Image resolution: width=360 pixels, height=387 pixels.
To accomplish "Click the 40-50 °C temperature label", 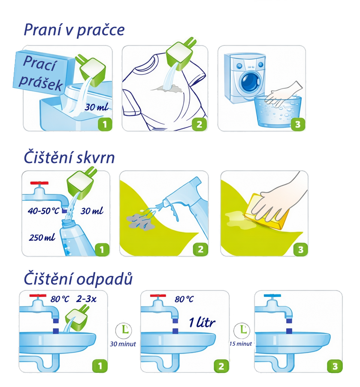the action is (x=43, y=211).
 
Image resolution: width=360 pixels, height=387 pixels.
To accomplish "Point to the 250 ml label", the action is (x=42, y=237).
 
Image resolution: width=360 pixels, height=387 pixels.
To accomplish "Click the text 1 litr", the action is (x=202, y=322).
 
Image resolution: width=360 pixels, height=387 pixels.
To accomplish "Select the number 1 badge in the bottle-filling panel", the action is (x=102, y=249).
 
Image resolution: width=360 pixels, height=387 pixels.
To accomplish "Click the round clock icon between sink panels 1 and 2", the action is (x=124, y=330).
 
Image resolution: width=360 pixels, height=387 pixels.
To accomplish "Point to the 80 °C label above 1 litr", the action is (x=184, y=299).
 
